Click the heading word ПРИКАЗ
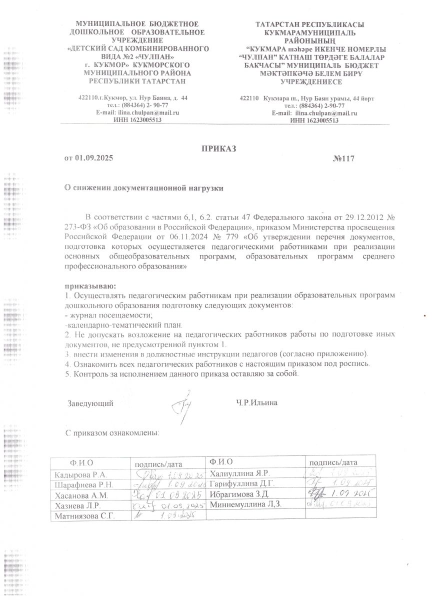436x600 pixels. [x=218, y=148]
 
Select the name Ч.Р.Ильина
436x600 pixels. [x=256, y=402]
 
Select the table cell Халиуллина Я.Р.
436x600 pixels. [x=240, y=473]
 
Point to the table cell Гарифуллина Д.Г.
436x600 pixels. [x=242, y=484]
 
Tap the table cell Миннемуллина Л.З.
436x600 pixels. [x=246, y=504]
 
